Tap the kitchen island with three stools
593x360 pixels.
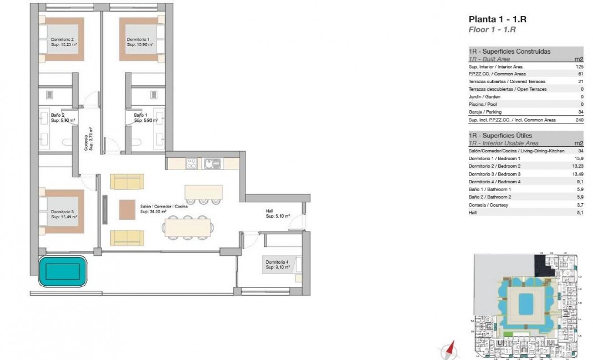point(203,192)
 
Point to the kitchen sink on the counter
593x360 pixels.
point(212,163)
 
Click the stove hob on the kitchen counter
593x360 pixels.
point(192,163)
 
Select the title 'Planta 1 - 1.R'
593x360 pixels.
point(497,19)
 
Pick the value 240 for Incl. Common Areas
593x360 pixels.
point(579,120)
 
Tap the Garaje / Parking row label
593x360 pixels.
point(486,112)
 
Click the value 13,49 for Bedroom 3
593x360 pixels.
point(577,174)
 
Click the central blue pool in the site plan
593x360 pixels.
point(524,303)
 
